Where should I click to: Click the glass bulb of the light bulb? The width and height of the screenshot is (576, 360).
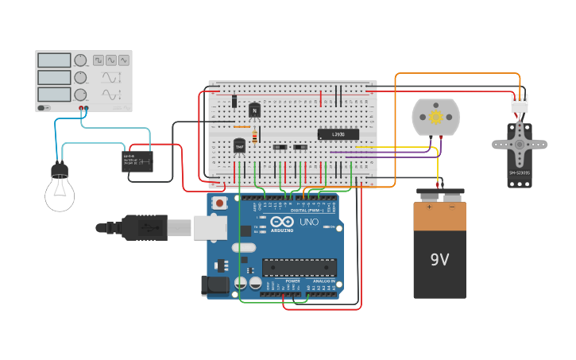pos(60,193)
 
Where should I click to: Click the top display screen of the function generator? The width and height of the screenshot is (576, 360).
pos(54,60)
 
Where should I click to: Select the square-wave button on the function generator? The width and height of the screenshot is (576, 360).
pos(99,60)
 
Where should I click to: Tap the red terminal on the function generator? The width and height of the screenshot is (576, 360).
pos(81,107)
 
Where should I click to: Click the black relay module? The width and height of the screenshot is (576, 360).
pos(137,161)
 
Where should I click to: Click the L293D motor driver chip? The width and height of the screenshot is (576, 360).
pos(338,134)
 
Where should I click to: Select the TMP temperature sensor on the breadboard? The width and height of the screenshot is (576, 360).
pos(239,146)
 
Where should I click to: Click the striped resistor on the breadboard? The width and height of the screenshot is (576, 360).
pos(253,136)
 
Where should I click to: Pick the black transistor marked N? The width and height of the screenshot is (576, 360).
pos(254,110)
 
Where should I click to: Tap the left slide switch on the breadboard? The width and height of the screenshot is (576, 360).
pos(279,147)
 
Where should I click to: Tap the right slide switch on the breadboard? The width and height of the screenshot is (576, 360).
pos(300,147)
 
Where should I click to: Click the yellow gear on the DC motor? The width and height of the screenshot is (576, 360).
pos(435,118)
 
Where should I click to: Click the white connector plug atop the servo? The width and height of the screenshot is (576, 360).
pos(519,103)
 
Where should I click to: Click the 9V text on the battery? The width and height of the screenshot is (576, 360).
pos(439,260)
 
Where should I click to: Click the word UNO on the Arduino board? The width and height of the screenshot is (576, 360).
pos(308,222)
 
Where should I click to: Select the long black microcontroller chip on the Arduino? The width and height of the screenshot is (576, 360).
pos(299,267)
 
